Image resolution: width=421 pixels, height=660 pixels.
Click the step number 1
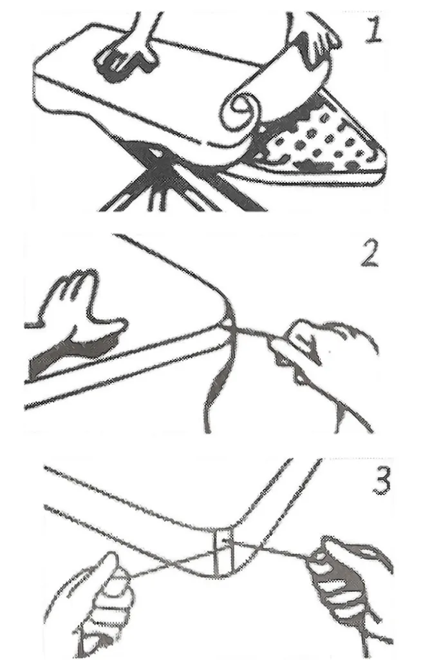(x=373, y=29)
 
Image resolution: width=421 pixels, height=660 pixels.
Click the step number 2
(x=370, y=254)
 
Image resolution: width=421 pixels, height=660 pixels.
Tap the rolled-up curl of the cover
(x=239, y=111)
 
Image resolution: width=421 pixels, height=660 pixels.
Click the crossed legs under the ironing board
(x=168, y=177)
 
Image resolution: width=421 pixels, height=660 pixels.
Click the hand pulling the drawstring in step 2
(x=324, y=354)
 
